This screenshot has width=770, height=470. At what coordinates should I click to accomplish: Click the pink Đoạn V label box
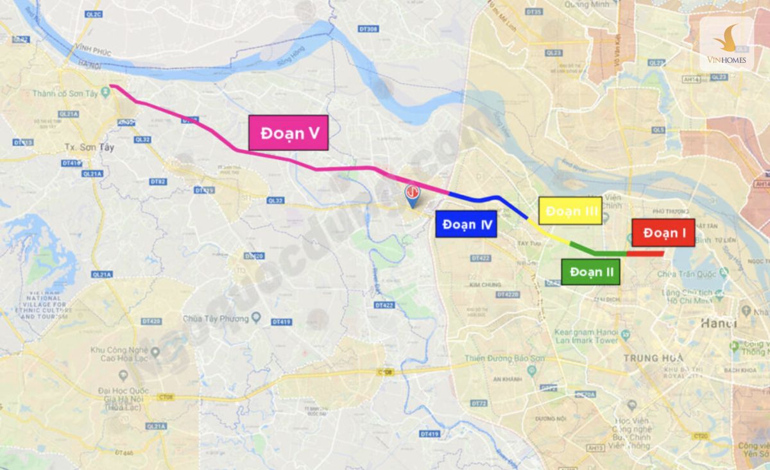pos(288,133)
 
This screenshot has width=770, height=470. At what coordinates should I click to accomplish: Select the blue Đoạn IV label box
pos(466,224)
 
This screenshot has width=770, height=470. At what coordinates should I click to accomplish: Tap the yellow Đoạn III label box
pos(570,211)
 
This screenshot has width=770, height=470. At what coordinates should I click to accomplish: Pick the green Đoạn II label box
pos(590,272)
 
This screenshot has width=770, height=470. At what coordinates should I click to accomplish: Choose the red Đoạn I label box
pos(663,233)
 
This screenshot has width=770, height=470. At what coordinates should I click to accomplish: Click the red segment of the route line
pos(645,254)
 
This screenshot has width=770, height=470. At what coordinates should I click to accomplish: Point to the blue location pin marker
pos(412,196)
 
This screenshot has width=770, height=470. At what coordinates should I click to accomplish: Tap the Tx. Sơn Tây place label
pos(89,147)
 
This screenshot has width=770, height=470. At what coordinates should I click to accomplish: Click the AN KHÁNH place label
pos(506,380)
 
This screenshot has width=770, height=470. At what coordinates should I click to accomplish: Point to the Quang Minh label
pos(585,4)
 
